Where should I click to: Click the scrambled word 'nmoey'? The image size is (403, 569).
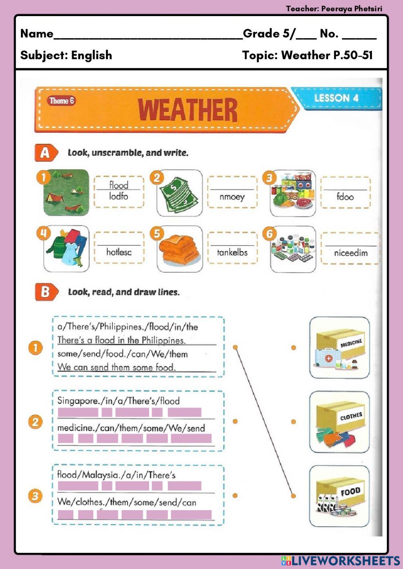232,197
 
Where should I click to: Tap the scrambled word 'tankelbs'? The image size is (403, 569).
232,253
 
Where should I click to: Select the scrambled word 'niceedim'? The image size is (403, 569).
351,253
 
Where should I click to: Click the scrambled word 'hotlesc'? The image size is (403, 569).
119,252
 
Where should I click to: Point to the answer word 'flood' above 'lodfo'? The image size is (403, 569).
119,185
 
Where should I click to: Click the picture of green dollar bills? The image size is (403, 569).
180,193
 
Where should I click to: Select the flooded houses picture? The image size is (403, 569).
66,193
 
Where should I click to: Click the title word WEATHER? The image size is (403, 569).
187,110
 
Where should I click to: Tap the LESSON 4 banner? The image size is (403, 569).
336,98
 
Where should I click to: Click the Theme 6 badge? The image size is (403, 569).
62,101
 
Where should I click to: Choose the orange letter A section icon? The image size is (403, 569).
45,153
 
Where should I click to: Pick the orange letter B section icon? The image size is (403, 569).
45,292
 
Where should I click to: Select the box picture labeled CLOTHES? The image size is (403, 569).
339,422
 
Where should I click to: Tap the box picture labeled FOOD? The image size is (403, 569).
339,496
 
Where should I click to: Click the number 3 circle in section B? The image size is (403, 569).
35,496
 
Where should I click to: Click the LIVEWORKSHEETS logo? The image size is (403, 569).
341,561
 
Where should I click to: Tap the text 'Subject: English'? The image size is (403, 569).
66,55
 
